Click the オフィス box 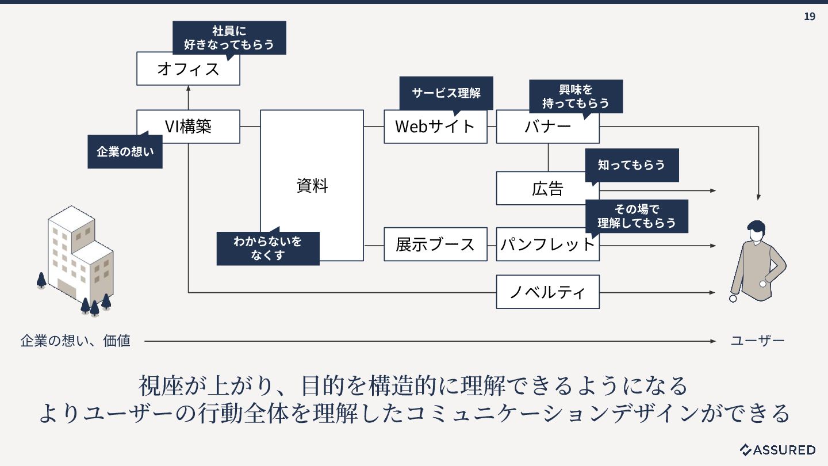(188, 69)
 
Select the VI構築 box (188, 127)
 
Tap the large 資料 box (312, 185)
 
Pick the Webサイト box (435, 127)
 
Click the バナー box (547, 127)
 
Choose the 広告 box (547, 189)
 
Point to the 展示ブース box (435, 244)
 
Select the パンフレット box (547, 244)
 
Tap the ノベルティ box (547, 292)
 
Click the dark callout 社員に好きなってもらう (229, 37)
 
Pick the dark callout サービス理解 (446, 93)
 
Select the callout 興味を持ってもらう (576, 96)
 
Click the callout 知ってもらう (631, 165)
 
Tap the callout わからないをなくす (267, 248)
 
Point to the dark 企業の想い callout (125, 152)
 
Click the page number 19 (809, 16)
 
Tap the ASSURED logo (777, 449)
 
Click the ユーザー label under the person (757, 341)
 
